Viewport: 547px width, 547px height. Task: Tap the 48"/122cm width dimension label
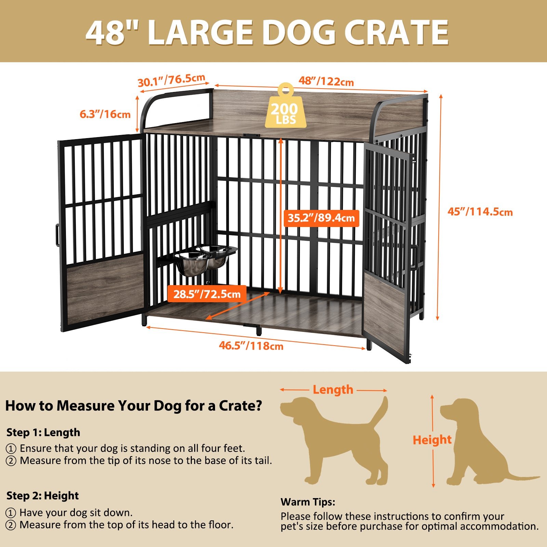pos(326,81)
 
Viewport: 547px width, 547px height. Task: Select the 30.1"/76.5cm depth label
pos(172,81)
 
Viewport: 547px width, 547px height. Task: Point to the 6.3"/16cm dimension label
pos(105,114)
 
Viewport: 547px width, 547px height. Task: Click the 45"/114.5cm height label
pos(480,212)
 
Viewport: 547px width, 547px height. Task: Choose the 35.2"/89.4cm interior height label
pos(321,218)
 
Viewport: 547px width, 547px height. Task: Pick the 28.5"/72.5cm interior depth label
pos(207,294)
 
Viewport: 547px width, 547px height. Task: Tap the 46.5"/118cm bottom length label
pos(251,346)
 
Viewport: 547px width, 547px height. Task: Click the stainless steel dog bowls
pos(205,259)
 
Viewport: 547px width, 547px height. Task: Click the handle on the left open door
pos(57,235)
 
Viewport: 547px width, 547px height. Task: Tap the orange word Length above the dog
pos(333,389)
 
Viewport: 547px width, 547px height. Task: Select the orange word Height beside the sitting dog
pos(432,440)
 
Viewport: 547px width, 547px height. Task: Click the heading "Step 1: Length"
pos(43,432)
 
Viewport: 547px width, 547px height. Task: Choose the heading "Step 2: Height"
pos(43,496)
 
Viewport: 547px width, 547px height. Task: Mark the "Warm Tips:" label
pos(308,502)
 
